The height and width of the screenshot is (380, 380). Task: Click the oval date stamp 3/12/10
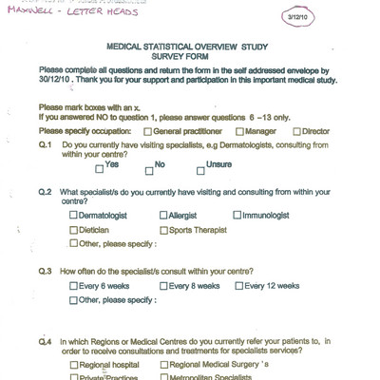(342, 18)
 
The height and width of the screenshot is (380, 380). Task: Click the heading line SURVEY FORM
(189, 55)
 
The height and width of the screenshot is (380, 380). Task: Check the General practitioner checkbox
(148, 130)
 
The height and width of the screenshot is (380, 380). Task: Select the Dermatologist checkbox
(75, 216)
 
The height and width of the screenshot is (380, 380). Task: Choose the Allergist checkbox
(164, 216)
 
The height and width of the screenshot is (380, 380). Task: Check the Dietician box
(75, 230)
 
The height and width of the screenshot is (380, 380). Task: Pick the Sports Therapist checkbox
(164, 230)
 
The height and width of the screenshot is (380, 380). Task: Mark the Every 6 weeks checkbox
(75, 286)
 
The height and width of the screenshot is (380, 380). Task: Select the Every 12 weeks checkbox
(237, 286)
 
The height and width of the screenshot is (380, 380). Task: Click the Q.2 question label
(45, 191)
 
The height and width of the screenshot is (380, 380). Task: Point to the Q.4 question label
(45, 341)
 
